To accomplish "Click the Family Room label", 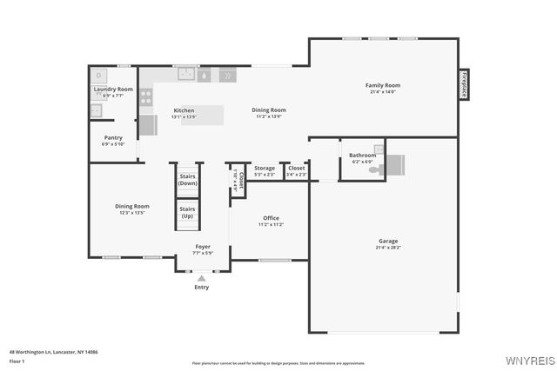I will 383,85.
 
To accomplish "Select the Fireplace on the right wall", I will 464,86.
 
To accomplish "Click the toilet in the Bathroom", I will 376,170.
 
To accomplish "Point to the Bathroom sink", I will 379,149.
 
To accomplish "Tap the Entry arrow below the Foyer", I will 202,278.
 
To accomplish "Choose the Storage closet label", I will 265,168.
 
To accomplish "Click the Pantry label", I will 113,137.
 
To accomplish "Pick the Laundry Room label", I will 114,89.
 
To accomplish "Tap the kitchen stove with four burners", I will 146,96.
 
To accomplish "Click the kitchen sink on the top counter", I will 186,75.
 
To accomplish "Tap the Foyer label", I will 203,246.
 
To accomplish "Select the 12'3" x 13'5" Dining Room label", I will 132,212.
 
